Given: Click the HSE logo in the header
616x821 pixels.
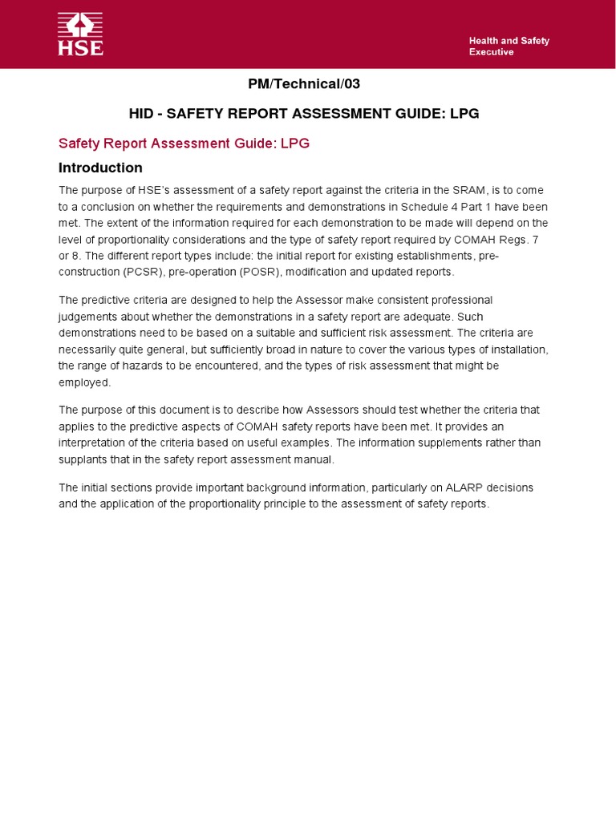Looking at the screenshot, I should pos(80,34).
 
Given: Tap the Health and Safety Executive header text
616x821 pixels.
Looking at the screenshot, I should pos(509,47).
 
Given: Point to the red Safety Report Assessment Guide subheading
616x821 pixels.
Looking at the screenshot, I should pos(184,144).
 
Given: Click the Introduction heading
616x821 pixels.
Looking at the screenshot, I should pos(100,168).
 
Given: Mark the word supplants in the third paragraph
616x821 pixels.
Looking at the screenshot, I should pos(83,459).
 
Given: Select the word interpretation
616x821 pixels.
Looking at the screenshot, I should pos(95,443).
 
